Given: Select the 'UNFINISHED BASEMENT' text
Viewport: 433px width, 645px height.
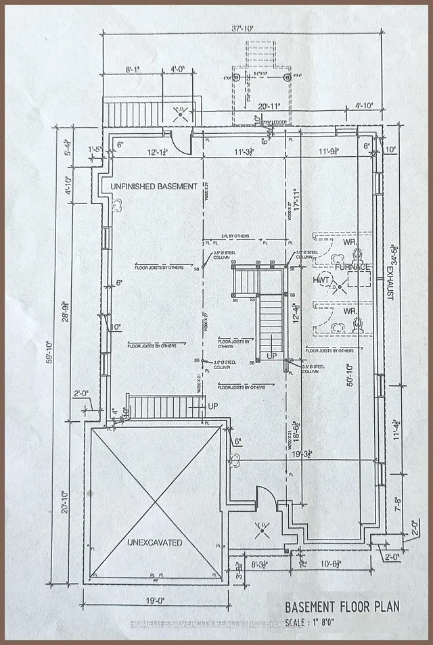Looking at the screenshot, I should pyautogui.click(x=150, y=186).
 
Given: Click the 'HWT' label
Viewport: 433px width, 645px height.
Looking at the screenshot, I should pyautogui.click(x=321, y=280).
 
